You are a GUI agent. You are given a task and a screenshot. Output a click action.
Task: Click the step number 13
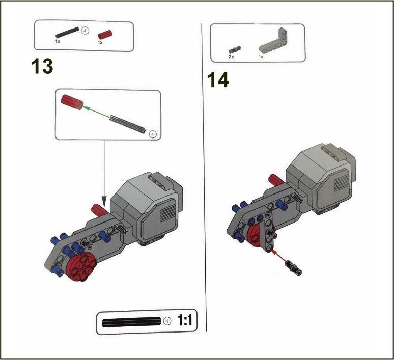coord(42,66)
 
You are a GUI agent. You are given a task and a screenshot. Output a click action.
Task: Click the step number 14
coord(218,79)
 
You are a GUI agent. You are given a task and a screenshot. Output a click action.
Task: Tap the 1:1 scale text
coord(185,320)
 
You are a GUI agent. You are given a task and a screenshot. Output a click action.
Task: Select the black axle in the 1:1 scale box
coord(131,322)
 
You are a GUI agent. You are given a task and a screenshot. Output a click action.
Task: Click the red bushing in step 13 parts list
coord(105,35)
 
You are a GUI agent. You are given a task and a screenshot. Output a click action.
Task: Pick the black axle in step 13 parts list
coord(67,32)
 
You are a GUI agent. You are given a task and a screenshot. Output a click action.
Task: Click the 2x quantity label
coord(231,57)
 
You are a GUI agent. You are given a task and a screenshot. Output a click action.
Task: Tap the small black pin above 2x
coord(235,49)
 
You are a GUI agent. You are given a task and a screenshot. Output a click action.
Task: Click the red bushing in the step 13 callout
coord(72,102)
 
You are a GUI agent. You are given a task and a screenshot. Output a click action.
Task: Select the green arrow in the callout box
coord(96,112)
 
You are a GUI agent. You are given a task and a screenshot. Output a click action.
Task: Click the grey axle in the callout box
coord(128,124)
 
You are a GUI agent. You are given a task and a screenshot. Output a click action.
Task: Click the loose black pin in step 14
coord(294,268)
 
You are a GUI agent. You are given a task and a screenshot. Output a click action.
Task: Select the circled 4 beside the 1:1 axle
coord(167,321)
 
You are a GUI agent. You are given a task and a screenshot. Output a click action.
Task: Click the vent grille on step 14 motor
coord(342,183)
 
